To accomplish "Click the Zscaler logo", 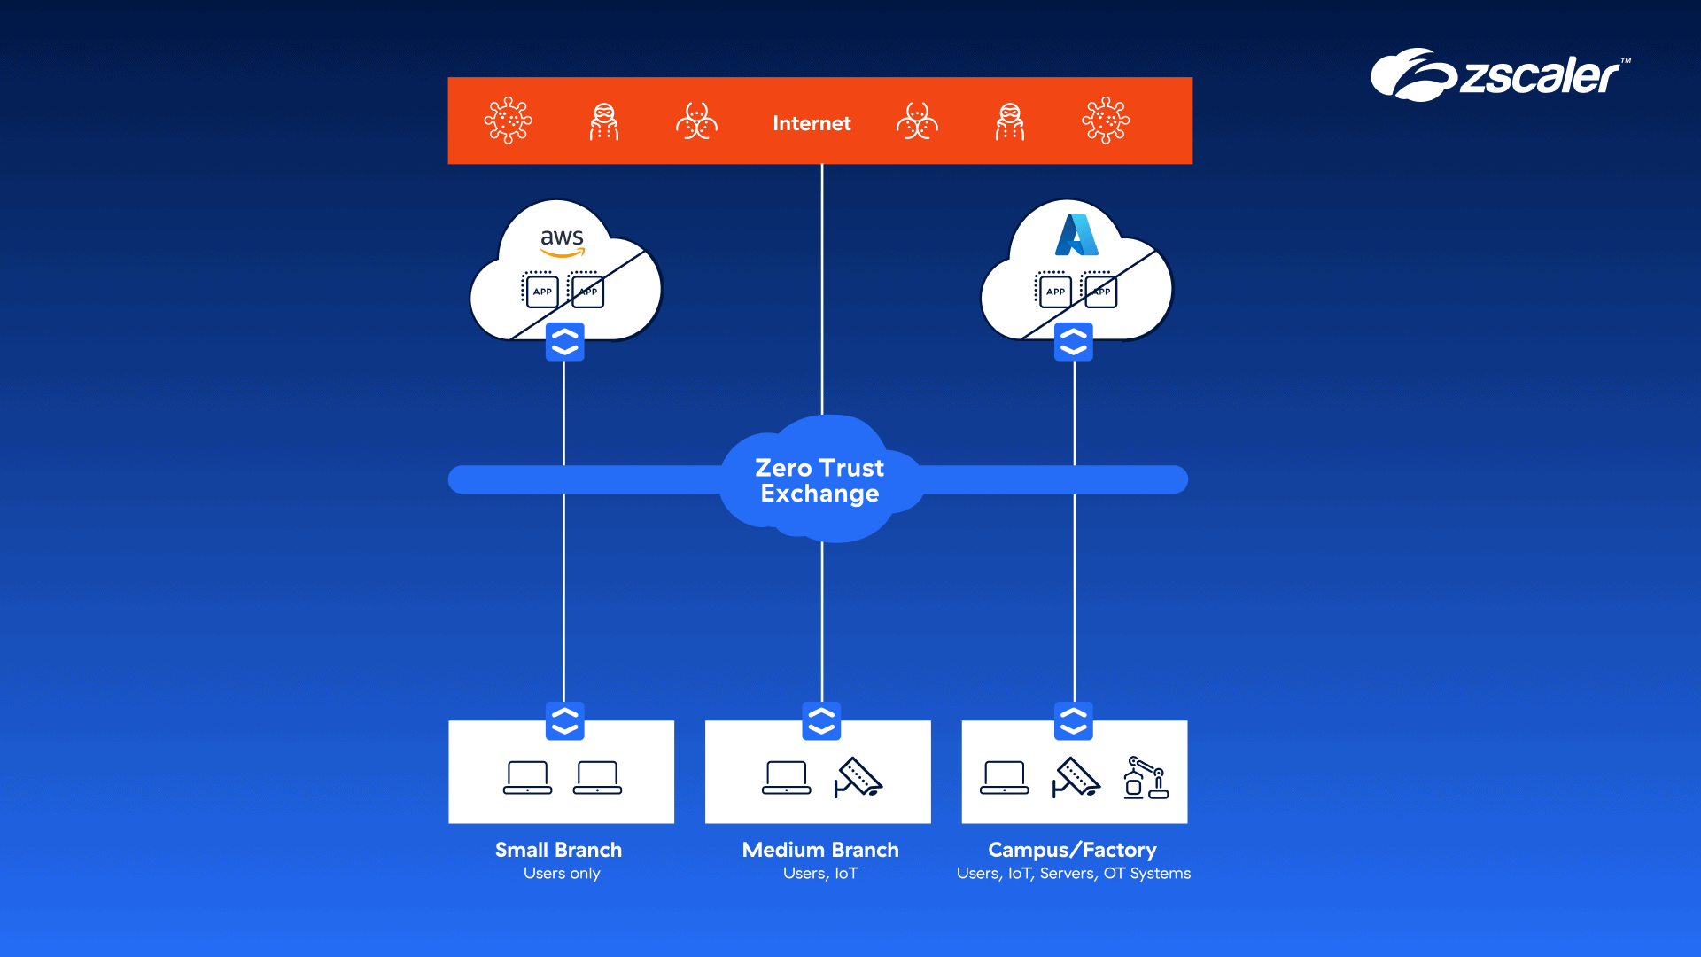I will tap(1499, 75).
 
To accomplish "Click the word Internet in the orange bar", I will tap(812, 123).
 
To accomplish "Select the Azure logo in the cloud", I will tap(1076, 236).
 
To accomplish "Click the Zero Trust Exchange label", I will tap(819, 480).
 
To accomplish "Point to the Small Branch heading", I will tap(558, 850).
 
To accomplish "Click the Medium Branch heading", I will tap(820, 850).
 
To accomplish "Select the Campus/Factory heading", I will tap(1072, 850).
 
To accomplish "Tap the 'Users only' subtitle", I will tap(562, 874).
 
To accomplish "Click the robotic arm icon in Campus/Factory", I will tap(1146, 778).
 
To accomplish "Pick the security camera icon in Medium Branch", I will tap(858, 778).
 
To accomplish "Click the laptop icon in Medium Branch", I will tap(786, 778).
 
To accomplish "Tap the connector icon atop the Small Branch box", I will tap(564, 721).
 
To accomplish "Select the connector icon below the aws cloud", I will tap(564, 342).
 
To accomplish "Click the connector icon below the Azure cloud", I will tap(1073, 342).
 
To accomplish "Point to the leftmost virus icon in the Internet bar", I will tap(508, 121).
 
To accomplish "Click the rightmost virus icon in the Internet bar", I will tap(1106, 121).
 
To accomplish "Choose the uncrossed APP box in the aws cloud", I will tap(541, 292).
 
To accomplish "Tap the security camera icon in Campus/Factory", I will tap(1076, 778).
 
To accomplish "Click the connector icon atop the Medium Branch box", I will tap(821, 721).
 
